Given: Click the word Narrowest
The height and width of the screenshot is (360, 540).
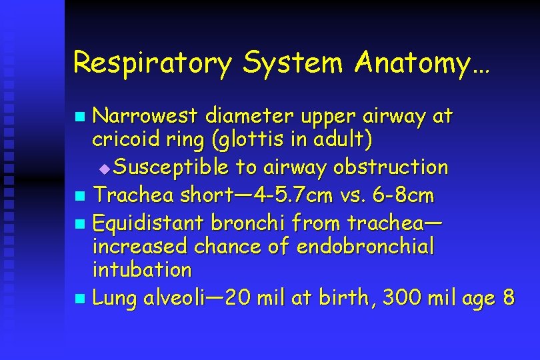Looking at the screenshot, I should click(x=145, y=117).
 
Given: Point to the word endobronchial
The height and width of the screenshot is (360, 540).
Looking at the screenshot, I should click(x=365, y=247).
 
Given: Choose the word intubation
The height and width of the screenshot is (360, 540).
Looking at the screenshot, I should click(x=142, y=271).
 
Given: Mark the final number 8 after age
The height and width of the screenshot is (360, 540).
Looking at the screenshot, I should click(x=508, y=298).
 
